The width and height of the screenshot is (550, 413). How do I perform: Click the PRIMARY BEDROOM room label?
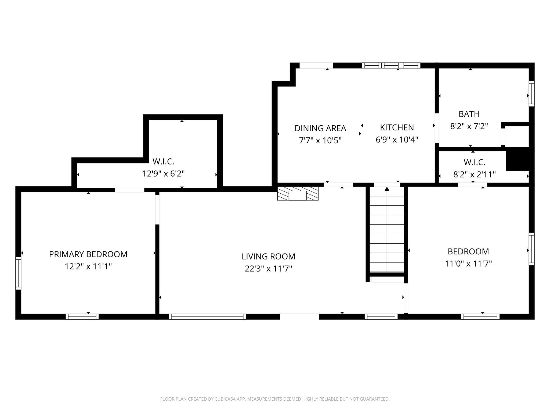click(x=88, y=254)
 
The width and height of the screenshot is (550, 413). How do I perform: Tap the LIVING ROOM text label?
click(x=268, y=257)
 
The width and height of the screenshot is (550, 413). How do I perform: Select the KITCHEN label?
click(x=397, y=127)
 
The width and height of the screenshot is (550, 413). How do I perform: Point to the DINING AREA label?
click(x=320, y=128)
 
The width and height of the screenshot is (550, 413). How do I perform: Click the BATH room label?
click(x=469, y=114)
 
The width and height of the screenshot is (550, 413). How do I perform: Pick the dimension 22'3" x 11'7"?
click(x=268, y=269)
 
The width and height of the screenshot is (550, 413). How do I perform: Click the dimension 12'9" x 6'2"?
click(x=163, y=174)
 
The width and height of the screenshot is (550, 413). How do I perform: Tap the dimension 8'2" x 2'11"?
click(x=474, y=175)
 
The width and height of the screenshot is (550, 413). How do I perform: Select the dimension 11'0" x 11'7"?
click(x=468, y=264)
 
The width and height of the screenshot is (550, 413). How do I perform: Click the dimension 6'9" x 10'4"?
click(x=397, y=140)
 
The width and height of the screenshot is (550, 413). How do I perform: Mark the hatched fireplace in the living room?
click(x=298, y=194)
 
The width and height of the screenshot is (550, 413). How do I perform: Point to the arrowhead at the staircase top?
click(x=387, y=188)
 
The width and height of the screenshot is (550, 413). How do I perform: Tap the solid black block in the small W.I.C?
click(x=517, y=161)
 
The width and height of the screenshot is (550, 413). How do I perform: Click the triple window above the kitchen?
click(x=391, y=65)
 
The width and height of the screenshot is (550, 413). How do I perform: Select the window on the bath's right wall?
click(x=531, y=94)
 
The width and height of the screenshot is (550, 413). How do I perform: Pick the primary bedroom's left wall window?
click(x=18, y=273)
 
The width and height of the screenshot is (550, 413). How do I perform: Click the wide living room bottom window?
click(x=207, y=317)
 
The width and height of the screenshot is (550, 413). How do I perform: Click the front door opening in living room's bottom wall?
click(x=299, y=316)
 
